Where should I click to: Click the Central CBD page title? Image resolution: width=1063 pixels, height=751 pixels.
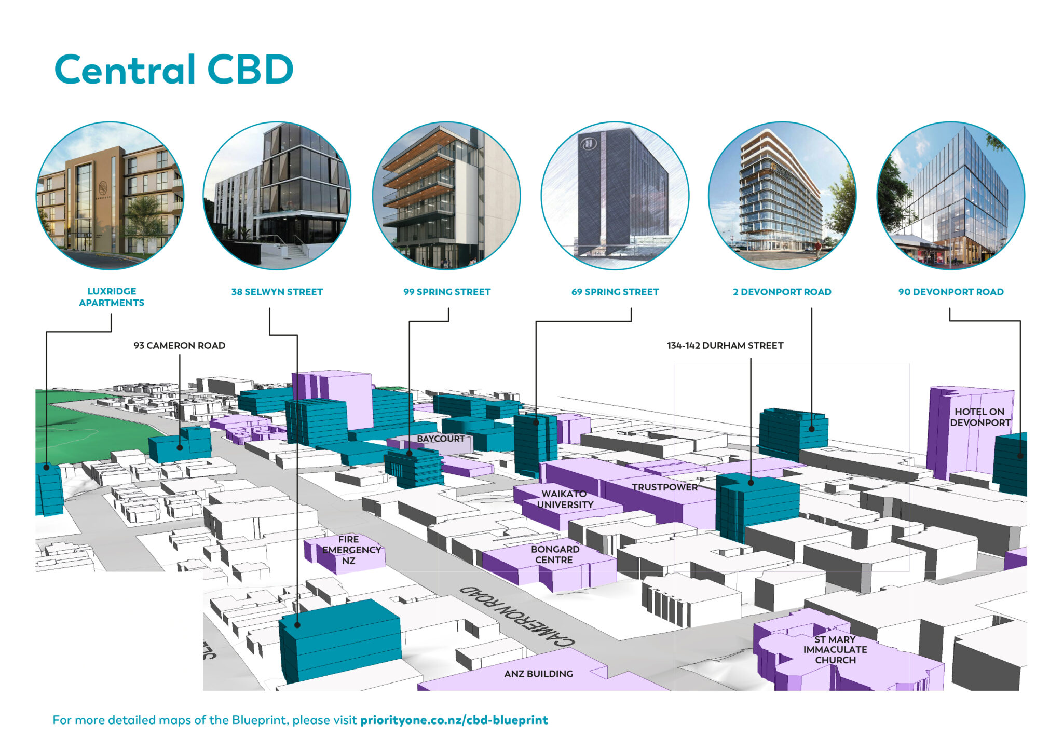174,70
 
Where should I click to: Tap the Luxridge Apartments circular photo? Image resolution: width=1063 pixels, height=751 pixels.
110,196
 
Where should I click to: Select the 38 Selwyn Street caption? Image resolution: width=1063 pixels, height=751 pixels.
277,292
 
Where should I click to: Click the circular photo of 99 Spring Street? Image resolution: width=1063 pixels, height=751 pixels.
446,196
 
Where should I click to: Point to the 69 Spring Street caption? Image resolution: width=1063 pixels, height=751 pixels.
615,292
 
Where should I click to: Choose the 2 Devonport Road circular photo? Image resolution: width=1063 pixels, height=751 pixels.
782,196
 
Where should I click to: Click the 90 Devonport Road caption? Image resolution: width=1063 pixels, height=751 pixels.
951,292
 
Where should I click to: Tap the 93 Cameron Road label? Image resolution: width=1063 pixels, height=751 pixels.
179,345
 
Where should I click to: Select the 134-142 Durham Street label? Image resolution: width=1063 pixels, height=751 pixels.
725,345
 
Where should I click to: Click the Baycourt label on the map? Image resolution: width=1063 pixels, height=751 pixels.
441,439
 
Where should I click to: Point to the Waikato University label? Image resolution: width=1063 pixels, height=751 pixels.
565,499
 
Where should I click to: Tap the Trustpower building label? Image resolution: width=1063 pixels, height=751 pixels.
664,487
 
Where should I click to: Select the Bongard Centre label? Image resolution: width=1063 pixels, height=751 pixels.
554,554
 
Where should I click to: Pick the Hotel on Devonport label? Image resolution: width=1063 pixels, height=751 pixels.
979,417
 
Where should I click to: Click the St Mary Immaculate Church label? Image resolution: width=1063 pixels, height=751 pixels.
835,650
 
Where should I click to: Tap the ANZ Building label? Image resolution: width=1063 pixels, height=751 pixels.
538,674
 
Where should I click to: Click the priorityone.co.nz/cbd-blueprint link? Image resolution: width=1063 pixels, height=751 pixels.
454,720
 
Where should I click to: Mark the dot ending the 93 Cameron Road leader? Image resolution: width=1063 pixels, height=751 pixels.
180,447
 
